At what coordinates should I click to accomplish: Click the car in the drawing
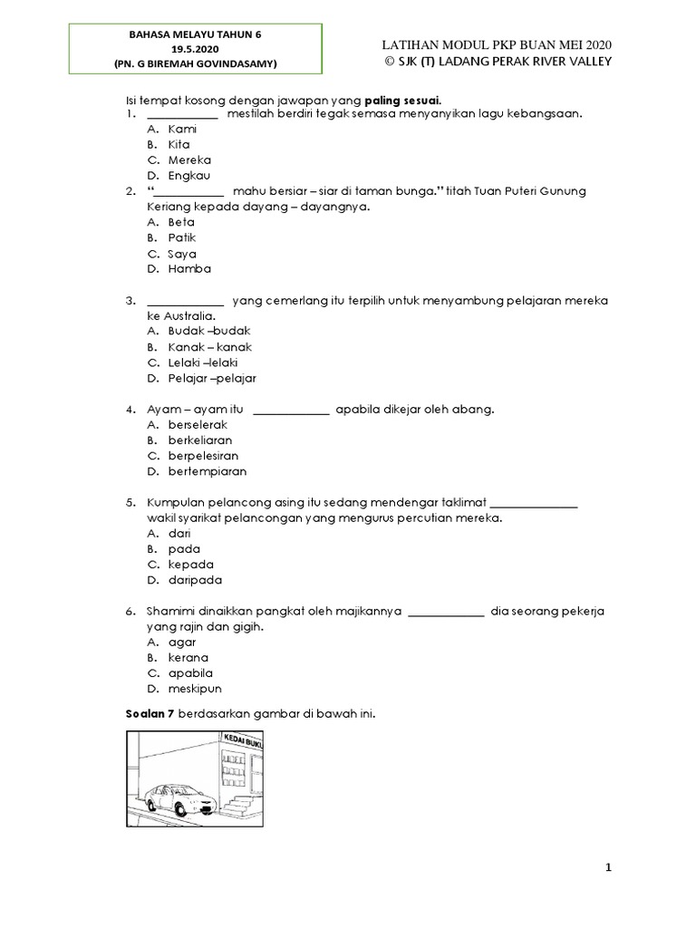(177, 798)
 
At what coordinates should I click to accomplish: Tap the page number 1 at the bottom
(609, 868)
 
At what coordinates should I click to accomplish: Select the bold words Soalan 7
(149, 715)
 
